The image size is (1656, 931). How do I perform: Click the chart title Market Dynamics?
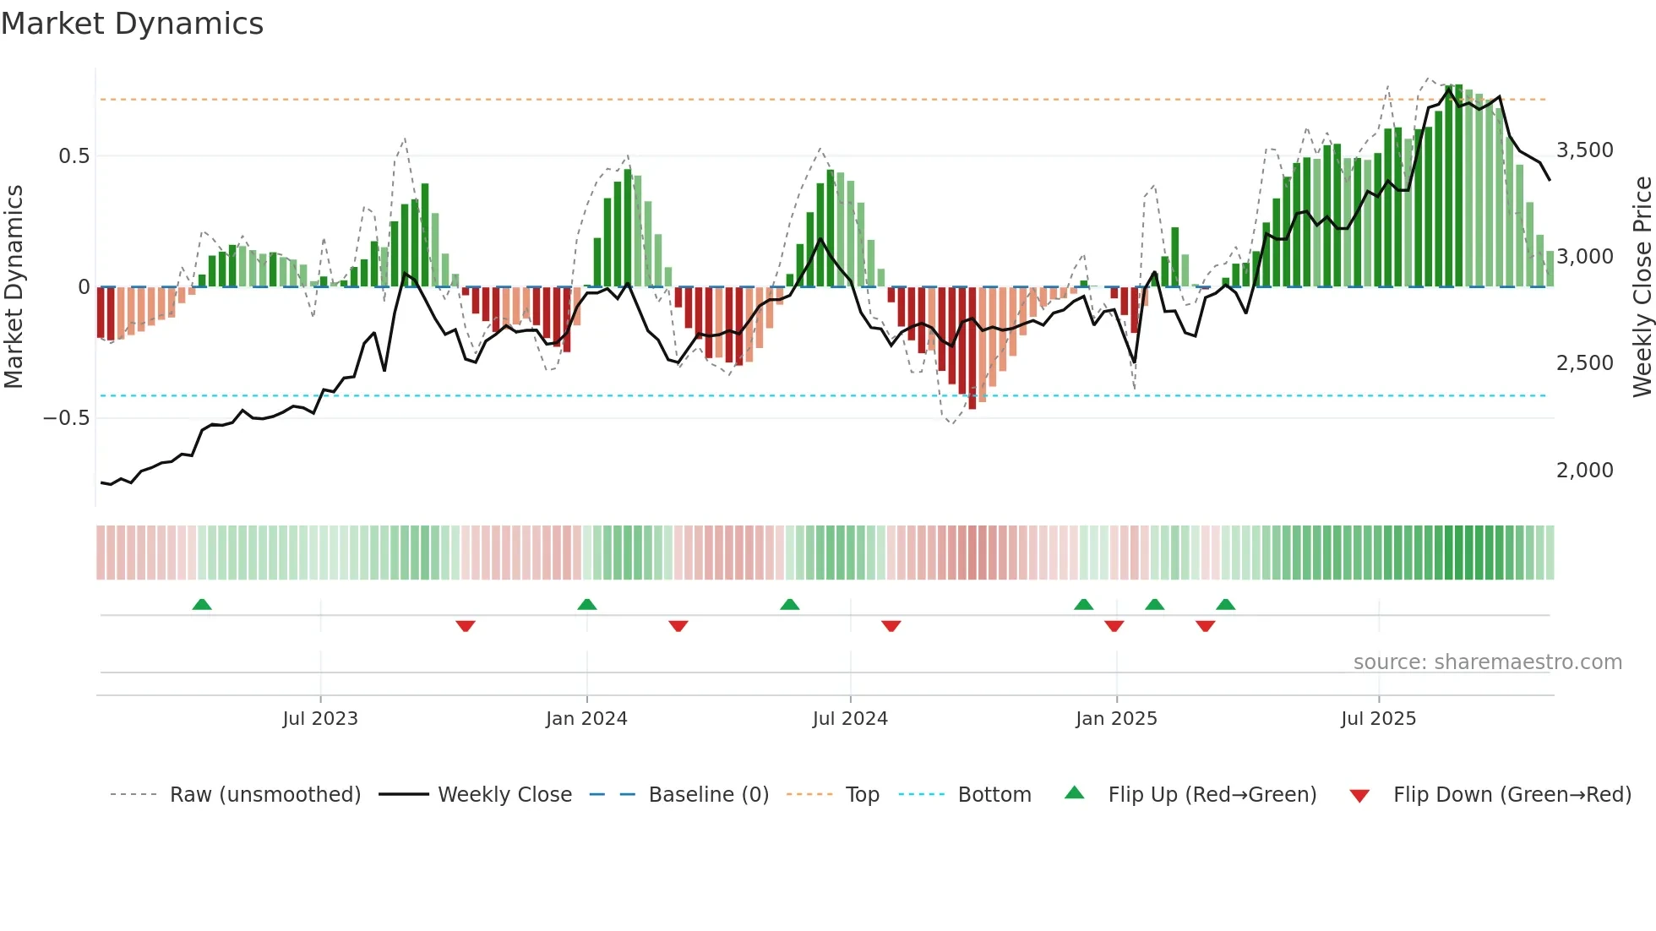point(132,24)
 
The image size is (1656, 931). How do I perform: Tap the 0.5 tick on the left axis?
point(74,156)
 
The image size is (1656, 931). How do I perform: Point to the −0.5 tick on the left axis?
point(66,418)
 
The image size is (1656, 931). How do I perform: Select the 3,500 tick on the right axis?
point(1584,150)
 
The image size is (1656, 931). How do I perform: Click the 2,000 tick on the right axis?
point(1584,471)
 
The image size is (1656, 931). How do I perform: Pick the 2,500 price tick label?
point(1584,363)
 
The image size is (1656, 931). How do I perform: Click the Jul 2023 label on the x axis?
point(320,719)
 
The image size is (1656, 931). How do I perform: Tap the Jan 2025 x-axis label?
point(1116,719)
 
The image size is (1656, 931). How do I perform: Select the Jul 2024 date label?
point(850,719)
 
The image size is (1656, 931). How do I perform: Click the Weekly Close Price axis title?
point(1642,287)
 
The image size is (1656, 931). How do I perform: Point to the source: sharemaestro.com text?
point(1487,662)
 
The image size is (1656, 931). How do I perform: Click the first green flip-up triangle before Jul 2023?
point(201,605)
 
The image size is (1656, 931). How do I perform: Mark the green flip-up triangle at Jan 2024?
point(587,605)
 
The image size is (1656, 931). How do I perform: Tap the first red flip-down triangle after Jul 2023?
point(466,626)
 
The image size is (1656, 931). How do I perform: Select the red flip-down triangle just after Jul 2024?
point(891,626)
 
